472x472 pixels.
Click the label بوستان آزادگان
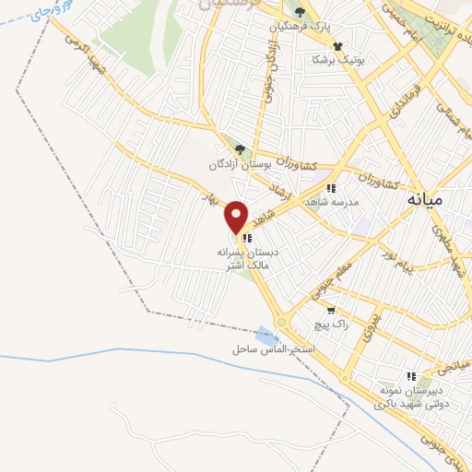click(243, 164)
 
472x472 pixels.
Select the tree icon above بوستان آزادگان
click(241, 149)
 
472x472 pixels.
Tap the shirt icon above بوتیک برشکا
click(337, 44)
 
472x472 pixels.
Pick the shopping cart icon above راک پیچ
click(331, 311)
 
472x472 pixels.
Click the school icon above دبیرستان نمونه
click(412, 376)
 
